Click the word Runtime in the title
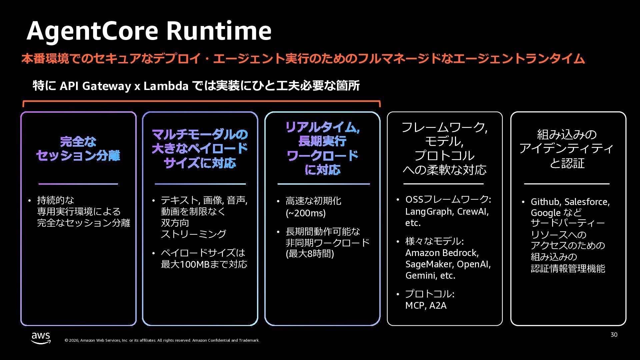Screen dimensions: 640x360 pos(219,31)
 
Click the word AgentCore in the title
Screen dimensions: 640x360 pos(93,31)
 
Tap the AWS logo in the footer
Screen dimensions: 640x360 pos(41,338)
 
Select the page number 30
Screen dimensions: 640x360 pos(614,335)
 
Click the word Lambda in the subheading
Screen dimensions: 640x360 pos(166,86)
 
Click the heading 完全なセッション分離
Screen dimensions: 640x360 pos(78,149)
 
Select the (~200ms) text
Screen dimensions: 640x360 pos(305,213)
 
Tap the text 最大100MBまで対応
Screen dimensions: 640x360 pos(204,264)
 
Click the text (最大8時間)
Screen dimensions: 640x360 pos(310,254)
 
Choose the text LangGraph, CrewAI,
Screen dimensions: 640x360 pos(447,212)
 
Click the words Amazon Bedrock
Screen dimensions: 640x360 pos(442,253)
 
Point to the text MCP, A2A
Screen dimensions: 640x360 pos(426,305)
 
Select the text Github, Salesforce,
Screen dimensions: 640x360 pos(570,202)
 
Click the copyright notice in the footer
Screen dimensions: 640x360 pos(162,340)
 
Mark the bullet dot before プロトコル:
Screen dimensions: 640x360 pos(398,294)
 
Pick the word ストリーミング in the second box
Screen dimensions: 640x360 pos(193,234)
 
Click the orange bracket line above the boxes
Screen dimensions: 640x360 pos(201,101)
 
